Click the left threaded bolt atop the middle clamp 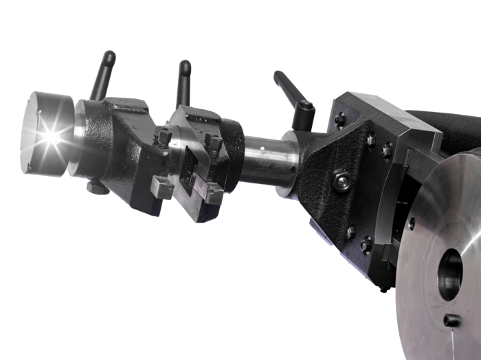pos(164,137)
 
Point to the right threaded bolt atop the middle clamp pos(214,144)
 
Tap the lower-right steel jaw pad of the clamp pos(212,195)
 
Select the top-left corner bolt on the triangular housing pos(339,120)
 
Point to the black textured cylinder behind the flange pos(440,131)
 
